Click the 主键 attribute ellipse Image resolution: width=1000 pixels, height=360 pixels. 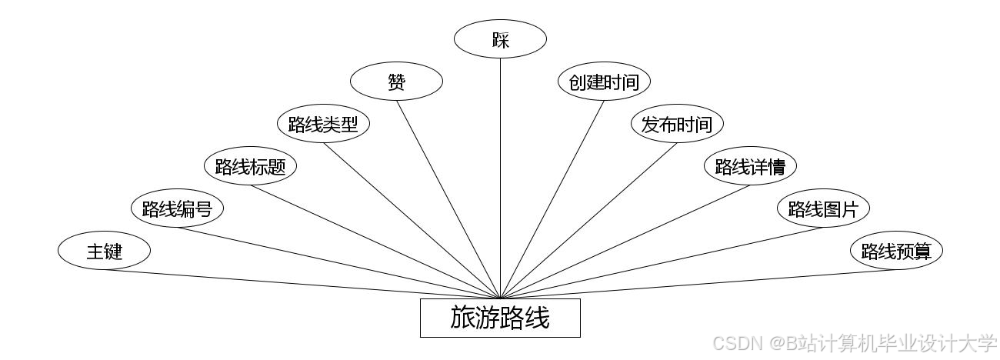pyautogui.click(x=104, y=251)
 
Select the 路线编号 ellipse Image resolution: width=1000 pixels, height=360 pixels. pyautogui.click(x=177, y=208)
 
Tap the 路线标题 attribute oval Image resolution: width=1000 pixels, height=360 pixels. pyautogui.click(x=250, y=166)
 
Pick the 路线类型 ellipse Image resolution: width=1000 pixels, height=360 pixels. pyautogui.click(x=323, y=124)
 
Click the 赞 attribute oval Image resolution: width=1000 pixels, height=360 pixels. pyautogui.click(x=396, y=82)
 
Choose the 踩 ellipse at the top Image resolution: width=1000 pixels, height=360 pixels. pyautogui.click(x=500, y=39)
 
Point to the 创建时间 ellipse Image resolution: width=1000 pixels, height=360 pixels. pyautogui.click(x=604, y=82)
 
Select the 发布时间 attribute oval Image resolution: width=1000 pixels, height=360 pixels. pyautogui.click(x=677, y=124)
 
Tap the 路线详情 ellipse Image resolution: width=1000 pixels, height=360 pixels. pyautogui.click(x=750, y=166)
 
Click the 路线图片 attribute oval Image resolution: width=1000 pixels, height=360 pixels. pyautogui.click(x=823, y=208)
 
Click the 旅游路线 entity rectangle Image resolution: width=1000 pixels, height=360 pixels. pyautogui.click(x=500, y=318)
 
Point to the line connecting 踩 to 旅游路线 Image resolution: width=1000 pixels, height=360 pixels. pyautogui.click(x=500, y=177)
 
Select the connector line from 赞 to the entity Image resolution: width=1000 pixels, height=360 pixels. pyautogui.click(x=448, y=198)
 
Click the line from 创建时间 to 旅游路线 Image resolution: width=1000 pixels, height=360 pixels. pyautogui.click(x=552, y=198)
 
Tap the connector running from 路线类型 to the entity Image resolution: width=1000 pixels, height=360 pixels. pyautogui.click(x=412, y=221)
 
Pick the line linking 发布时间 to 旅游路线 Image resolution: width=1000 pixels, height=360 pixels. pyautogui.click(x=588, y=221)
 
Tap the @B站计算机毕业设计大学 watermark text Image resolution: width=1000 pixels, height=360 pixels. pyautogui.click(x=885, y=342)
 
